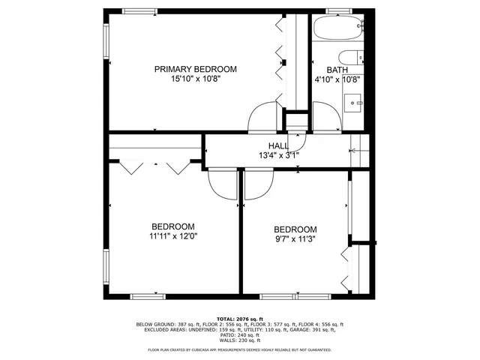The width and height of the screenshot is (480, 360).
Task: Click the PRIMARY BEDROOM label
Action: (195, 69)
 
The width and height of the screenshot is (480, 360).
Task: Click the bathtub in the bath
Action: (338, 31)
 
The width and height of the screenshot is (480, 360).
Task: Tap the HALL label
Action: (278, 146)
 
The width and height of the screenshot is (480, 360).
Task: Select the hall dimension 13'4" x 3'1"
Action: (278, 156)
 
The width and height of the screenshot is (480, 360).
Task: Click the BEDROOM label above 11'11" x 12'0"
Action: (173, 226)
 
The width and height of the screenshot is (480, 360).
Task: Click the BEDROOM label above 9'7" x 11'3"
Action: (295, 229)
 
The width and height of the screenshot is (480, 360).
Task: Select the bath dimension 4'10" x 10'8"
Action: (337, 79)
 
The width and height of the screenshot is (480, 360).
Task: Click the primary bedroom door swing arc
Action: (264, 117)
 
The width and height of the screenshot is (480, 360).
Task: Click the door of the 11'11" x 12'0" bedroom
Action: (222, 184)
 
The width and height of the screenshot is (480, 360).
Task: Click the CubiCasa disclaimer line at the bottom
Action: (240, 349)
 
